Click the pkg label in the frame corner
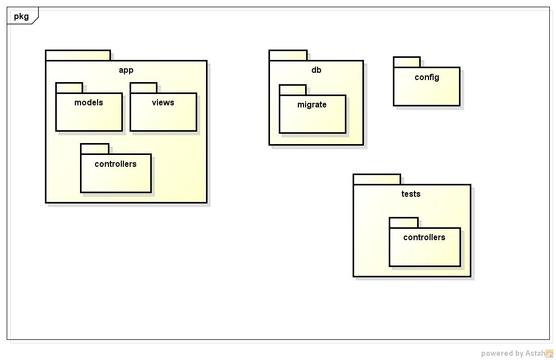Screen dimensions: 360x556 pos(21,16)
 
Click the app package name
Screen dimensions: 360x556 pos(126,70)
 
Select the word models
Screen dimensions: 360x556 pos(89,103)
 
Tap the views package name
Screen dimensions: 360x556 pos(163,103)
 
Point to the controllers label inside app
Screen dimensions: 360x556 pos(116,164)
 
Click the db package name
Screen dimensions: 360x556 pos(316,70)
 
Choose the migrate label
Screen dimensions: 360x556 pos(312,105)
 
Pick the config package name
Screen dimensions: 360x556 pos(427,77)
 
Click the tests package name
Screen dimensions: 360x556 pos(411,194)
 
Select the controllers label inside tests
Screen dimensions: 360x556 pos(424,238)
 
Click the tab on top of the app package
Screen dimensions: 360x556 pos(78,55)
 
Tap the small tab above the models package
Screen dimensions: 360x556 pos(69,88)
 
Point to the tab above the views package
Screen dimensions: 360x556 pos(144,88)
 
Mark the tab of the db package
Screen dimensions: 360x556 pos(288,55)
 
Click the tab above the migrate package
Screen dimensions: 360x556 pos(293,90)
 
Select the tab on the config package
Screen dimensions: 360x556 pos(407,62)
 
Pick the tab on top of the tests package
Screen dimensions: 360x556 pos(377,179)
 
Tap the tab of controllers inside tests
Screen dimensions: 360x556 pos(404,223)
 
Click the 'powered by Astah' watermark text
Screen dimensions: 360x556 pos(513,354)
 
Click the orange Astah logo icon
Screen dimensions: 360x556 pos(549,354)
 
